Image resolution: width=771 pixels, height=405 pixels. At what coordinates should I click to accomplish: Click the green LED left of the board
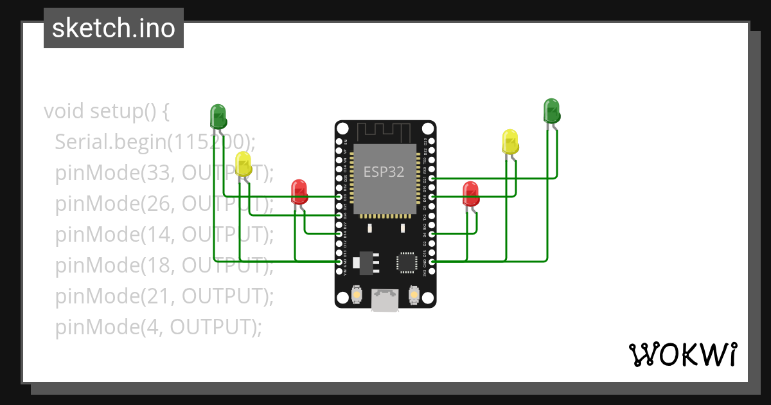point(218,116)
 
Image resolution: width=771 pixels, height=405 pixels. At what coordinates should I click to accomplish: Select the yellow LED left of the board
point(244,164)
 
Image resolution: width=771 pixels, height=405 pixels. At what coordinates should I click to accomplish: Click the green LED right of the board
point(551,111)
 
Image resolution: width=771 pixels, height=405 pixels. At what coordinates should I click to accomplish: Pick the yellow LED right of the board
point(510,141)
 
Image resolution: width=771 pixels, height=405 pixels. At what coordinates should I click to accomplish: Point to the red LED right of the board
point(470,194)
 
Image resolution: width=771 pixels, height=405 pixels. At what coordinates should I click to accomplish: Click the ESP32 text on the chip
point(385,172)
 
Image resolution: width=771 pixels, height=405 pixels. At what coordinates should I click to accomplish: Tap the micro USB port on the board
point(385,300)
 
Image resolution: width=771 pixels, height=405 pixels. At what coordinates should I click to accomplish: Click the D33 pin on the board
point(339,197)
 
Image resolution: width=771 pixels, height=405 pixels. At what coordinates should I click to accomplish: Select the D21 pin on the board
point(432,178)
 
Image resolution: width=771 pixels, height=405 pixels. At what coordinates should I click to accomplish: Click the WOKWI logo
point(682,354)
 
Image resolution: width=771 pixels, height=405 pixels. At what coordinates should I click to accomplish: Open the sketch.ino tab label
point(114,28)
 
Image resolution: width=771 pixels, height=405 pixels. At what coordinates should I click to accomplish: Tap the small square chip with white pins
point(407,262)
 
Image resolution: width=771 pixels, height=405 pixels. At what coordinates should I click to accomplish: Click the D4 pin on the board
point(432,234)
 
